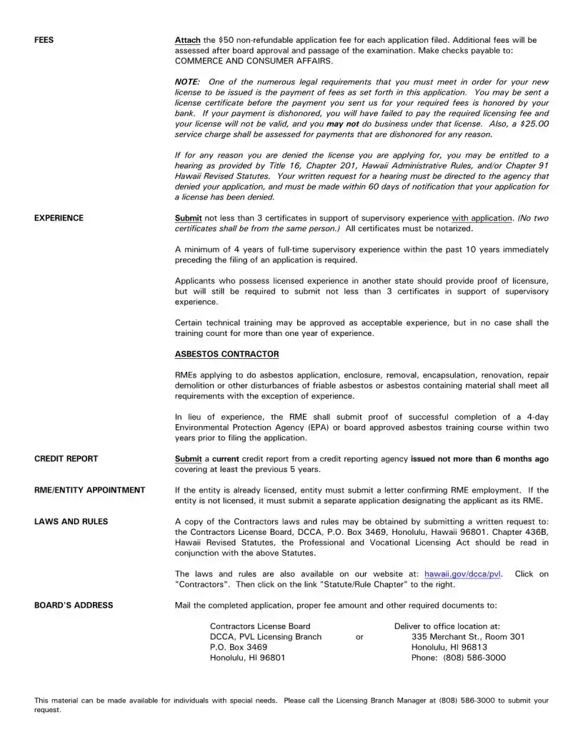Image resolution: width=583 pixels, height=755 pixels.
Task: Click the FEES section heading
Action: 44,40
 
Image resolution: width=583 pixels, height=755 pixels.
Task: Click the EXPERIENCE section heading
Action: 59,218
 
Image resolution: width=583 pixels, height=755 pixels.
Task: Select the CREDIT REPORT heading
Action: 66,459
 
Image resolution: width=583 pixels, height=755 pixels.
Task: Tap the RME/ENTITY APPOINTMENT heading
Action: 89,490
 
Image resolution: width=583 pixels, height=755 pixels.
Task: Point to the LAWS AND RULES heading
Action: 71,522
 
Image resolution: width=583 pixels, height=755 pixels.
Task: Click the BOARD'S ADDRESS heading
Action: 74,606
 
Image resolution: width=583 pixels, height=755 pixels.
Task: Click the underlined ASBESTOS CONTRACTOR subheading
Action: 226,355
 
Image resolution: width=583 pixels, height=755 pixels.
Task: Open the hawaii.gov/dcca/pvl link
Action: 462,574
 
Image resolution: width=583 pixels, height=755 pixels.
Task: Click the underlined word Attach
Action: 188,40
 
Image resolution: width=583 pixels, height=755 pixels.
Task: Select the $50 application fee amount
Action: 226,40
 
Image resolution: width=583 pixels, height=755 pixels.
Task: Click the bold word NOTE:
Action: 188,82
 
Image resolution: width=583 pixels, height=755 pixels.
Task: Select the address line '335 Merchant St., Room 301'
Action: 468,637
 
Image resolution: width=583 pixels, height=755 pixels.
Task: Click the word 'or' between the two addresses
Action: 359,637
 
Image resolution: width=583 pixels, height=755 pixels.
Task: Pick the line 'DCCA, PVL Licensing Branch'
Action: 265,637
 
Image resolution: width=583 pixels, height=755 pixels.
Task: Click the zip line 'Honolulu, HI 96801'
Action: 247,658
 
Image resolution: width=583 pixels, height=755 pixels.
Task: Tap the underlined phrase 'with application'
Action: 482,218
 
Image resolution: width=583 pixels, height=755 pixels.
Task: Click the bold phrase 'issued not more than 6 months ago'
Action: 480,459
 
